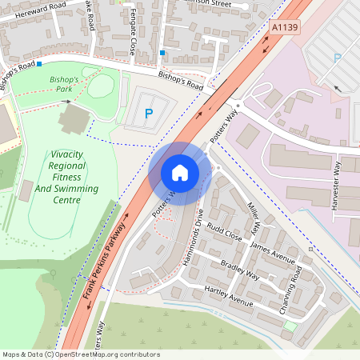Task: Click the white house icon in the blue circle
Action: (x=180, y=172)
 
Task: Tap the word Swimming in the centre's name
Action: (x=77, y=190)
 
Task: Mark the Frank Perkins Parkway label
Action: (x=105, y=262)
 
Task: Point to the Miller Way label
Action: (x=253, y=218)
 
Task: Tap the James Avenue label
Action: (x=273, y=255)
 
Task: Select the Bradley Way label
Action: (x=240, y=270)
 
